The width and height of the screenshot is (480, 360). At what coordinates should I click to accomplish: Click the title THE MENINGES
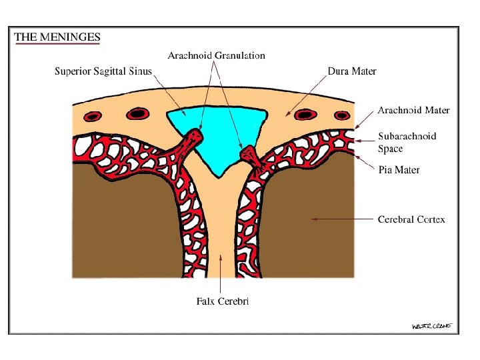[x=57, y=37]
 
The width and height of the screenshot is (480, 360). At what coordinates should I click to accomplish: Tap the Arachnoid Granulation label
[x=216, y=55]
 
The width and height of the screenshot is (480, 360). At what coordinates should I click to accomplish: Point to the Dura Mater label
[x=352, y=71]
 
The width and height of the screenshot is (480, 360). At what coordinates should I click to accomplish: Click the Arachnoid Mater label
[x=413, y=110]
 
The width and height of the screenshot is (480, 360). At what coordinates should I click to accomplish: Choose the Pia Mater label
[x=399, y=170]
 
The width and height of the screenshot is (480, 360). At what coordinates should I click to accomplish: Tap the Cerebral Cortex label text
[x=411, y=219]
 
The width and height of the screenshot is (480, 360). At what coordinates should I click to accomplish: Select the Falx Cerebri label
[x=223, y=301]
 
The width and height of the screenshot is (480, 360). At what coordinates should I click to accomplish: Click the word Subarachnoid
[x=407, y=136]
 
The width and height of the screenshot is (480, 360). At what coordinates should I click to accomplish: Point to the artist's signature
[x=432, y=325]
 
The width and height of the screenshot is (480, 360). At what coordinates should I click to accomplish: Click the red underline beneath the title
[x=57, y=43]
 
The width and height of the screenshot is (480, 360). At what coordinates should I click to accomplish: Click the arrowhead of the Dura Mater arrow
[x=288, y=115]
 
